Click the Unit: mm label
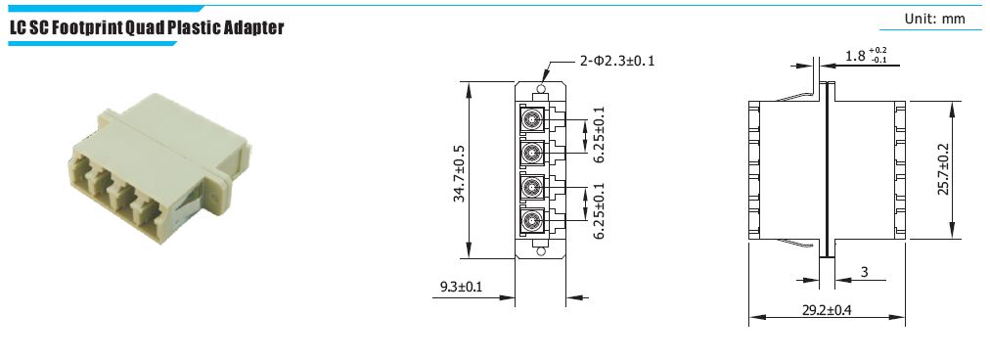coord(934,19)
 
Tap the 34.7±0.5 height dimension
coord(459,174)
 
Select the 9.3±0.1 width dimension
coord(461,288)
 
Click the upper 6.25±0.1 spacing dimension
coord(599,135)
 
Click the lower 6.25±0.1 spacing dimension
coord(599,210)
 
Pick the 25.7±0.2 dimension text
coord(943,168)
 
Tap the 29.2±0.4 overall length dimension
coord(827,310)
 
